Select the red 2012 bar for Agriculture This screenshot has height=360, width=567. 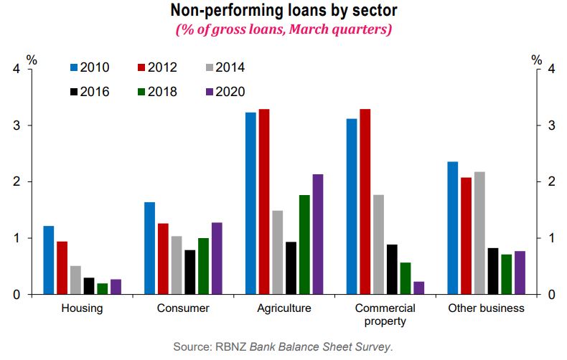click(x=264, y=202)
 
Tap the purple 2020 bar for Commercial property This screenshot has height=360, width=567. click(x=419, y=288)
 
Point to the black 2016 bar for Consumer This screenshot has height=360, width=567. click(x=189, y=272)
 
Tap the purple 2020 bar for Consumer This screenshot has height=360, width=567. click(x=217, y=258)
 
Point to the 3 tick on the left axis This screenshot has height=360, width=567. click(x=17, y=125)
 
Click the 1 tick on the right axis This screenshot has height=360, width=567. click(x=550, y=238)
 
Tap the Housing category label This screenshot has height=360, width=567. click(x=82, y=308)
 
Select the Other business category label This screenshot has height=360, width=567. click(x=486, y=308)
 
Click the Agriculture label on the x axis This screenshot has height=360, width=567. click(x=284, y=308)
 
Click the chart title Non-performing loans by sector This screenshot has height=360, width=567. click(x=283, y=11)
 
